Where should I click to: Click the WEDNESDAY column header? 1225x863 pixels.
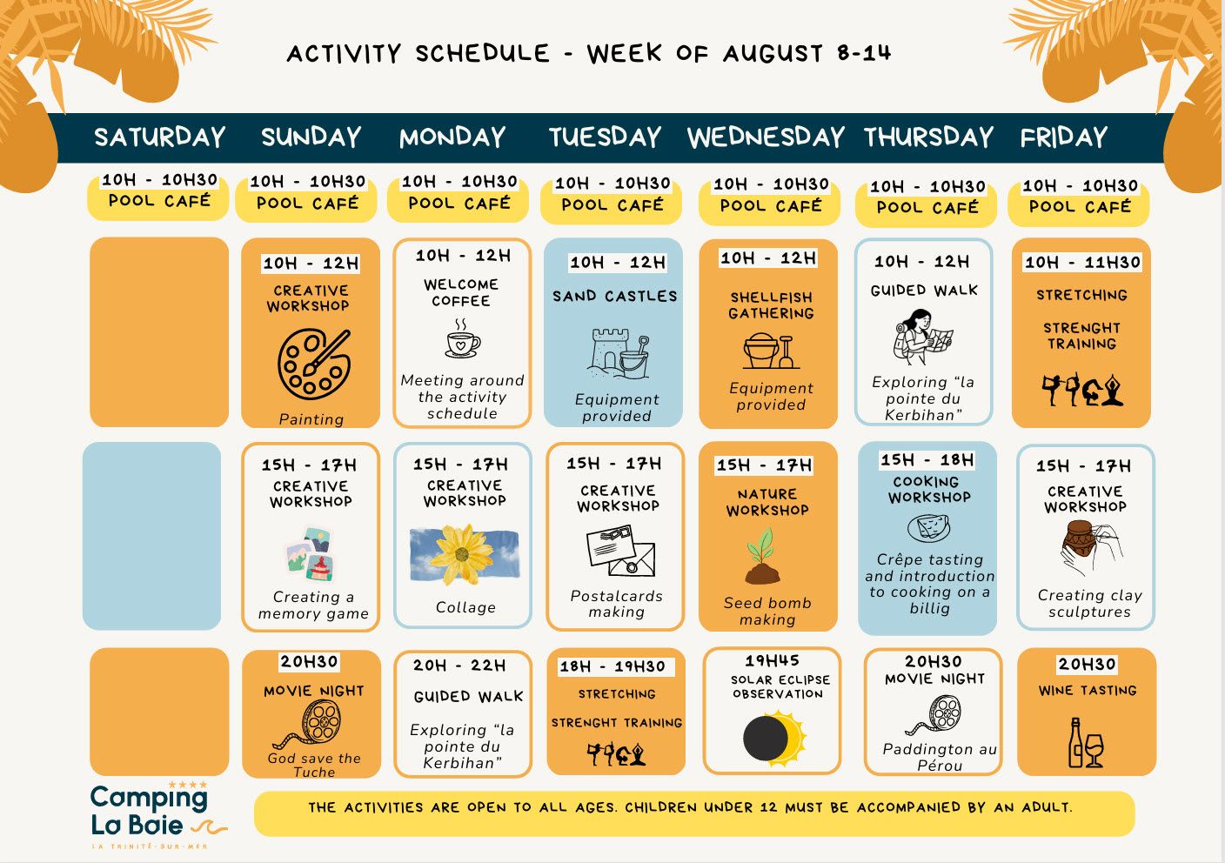tap(766, 137)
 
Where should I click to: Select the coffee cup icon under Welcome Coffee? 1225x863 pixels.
tap(462, 339)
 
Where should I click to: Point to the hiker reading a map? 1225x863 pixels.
tap(922, 337)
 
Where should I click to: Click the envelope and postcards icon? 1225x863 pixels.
tap(620, 551)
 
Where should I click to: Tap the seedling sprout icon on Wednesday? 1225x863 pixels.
tap(762, 556)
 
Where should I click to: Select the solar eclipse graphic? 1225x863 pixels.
tap(774, 737)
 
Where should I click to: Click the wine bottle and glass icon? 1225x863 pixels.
tap(1086, 742)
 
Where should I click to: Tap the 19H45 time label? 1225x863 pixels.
tap(772, 661)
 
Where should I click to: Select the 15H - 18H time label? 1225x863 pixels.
tap(927, 460)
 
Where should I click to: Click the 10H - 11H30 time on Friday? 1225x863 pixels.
tap(1082, 262)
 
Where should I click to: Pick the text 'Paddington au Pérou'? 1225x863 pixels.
tap(940, 757)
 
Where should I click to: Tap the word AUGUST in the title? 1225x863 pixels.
tap(773, 54)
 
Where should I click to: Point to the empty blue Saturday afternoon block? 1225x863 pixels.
tap(151, 536)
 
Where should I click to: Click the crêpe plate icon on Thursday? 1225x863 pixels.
tap(928, 528)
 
